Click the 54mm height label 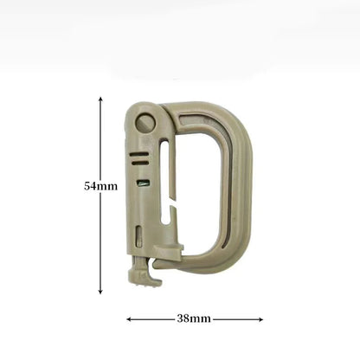click(x=100, y=186)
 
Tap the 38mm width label click(x=194, y=318)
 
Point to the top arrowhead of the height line click(x=100, y=99)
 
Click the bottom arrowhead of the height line click(x=100, y=292)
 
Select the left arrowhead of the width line click(x=129, y=319)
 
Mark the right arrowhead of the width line click(x=260, y=319)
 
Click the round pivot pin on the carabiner click(x=145, y=123)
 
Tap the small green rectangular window click(x=143, y=183)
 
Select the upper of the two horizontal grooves click(x=139, y=155)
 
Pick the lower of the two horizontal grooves click(x=140, y=163)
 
